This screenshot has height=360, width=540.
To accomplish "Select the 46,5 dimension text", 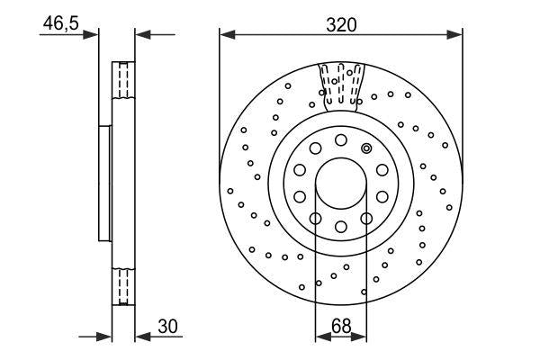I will click(58, 24).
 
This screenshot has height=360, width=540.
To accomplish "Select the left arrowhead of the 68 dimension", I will click(321, 337).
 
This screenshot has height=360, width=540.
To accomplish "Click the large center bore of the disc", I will click(340, 184).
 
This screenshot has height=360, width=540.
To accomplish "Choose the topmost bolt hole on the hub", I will click(340, 140).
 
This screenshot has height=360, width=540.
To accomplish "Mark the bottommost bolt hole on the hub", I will click(340, 227).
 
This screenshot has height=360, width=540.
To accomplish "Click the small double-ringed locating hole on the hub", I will click(365, 148).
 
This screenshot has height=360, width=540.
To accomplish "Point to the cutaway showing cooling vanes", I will click(340, 85).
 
